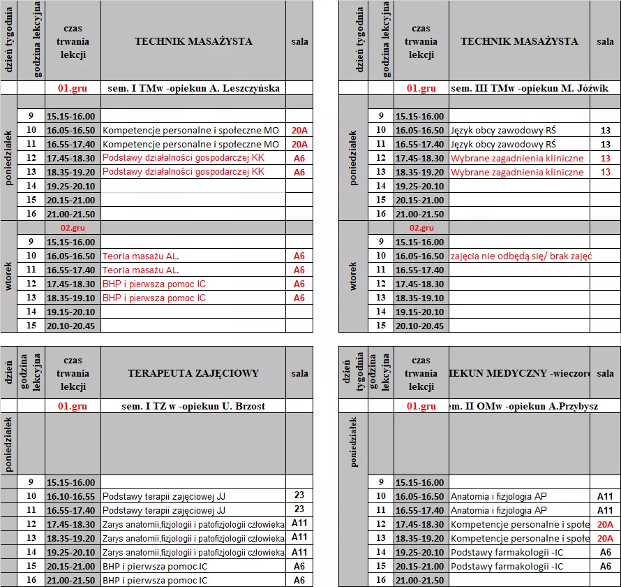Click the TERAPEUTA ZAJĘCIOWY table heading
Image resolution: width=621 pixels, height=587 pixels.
[193, 373]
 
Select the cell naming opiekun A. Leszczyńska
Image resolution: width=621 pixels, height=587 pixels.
[193, 89]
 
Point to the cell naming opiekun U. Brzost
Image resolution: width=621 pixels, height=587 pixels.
[193, 406]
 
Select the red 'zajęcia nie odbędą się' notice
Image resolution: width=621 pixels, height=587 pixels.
[521, 256]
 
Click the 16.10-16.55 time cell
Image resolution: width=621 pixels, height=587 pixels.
[73, 496]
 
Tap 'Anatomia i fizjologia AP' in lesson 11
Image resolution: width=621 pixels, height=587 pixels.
[499, 510]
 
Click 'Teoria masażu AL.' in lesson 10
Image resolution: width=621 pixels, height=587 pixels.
[141, 256]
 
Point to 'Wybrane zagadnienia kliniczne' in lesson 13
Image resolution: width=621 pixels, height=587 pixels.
[517, 173]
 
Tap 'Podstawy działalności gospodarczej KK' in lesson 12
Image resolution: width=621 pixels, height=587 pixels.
[184, 159]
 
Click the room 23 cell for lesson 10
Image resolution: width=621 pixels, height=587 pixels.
[299, 495]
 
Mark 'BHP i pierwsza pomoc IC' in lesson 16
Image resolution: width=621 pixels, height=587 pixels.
[155, 580]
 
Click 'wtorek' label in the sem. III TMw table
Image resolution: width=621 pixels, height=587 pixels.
[352, 277]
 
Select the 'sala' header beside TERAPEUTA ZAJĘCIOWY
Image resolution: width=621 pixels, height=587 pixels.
[299, 373]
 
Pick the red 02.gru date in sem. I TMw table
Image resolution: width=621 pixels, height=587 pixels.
[73, 228]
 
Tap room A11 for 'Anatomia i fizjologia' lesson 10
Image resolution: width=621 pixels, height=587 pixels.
[605, 496]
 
